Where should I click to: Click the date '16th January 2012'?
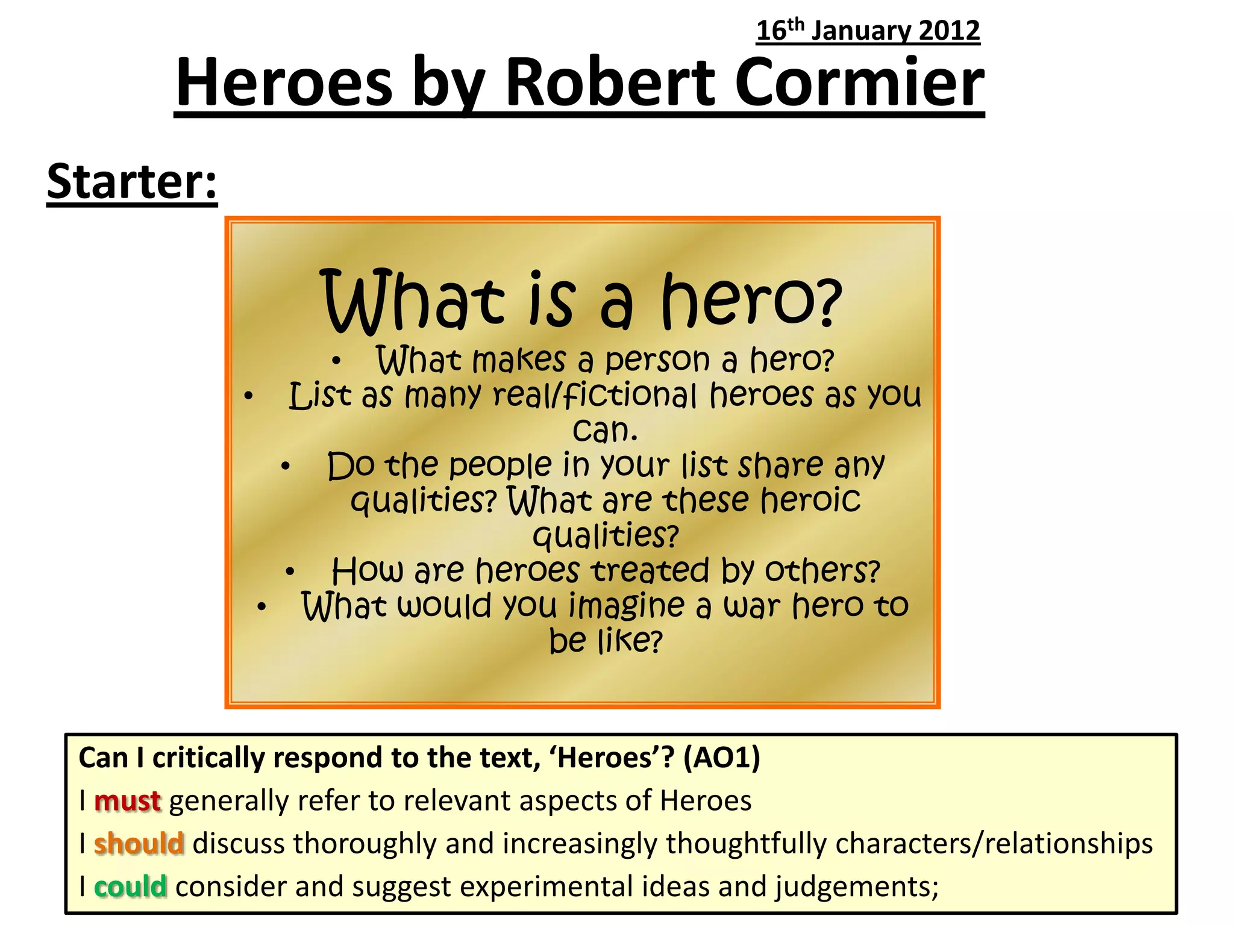868,31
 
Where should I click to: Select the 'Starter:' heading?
132,182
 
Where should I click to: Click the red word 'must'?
128,801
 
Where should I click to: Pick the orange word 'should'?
139,844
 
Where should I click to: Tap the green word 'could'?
130,886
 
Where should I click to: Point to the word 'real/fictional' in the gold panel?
594,396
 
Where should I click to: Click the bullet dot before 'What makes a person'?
337,361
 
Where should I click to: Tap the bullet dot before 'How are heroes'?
290,571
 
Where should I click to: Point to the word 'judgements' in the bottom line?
856,886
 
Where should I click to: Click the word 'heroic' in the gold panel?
810,500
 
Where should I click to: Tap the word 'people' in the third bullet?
500,466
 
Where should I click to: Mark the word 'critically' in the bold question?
208,758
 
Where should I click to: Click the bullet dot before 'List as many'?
249,396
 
